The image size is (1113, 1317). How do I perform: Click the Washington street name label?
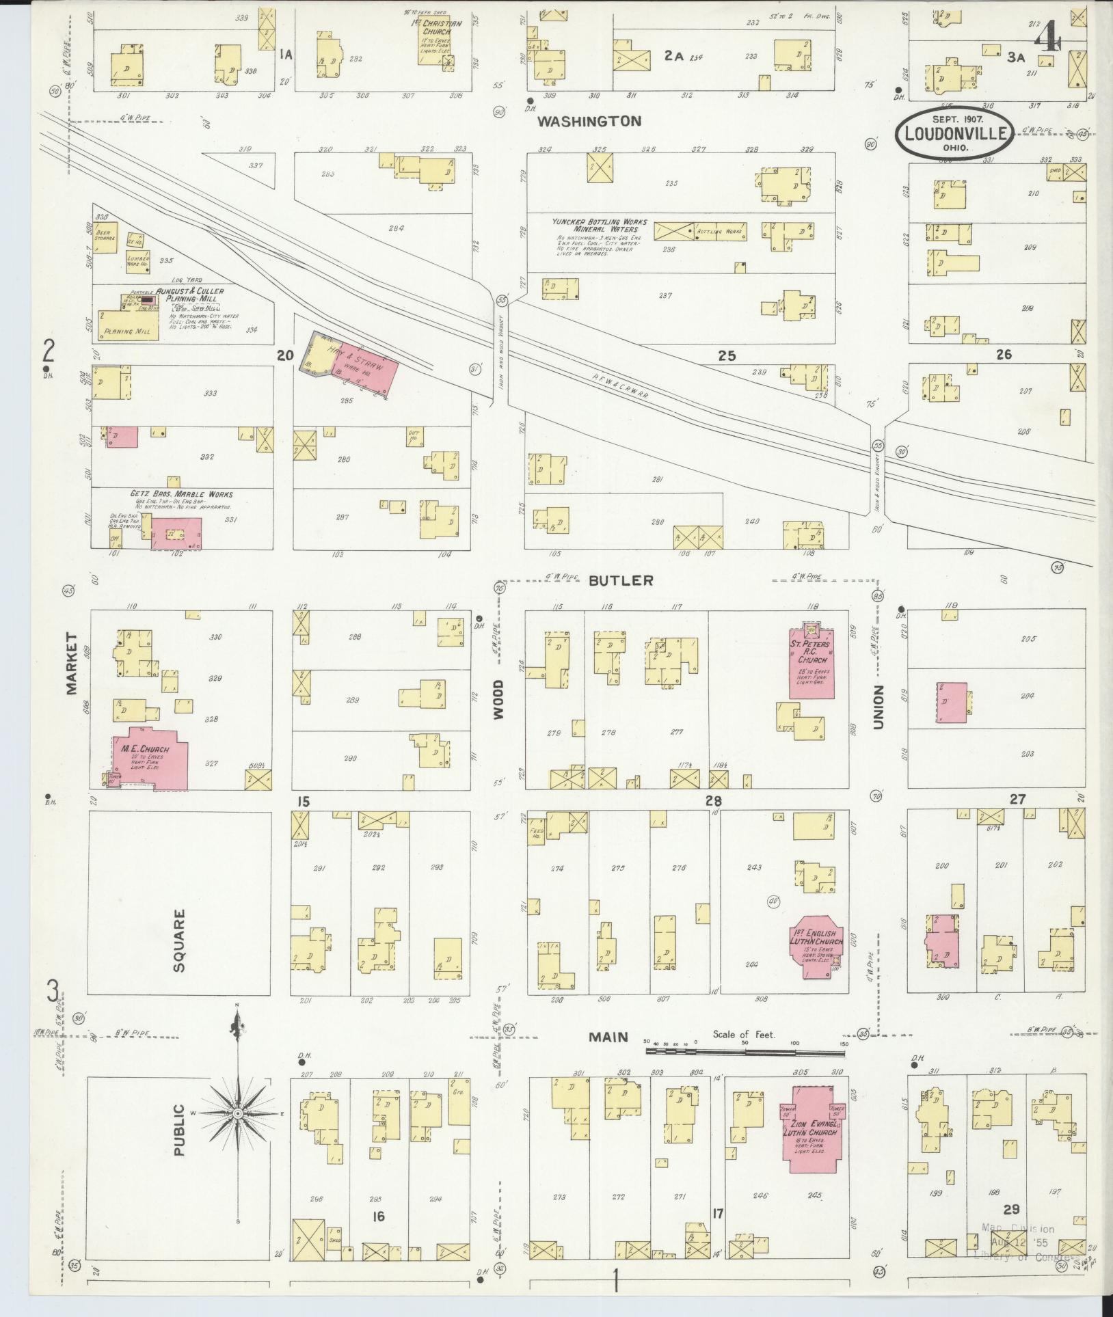(x=589, y=122)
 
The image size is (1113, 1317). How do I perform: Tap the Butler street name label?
(x=621, y=580)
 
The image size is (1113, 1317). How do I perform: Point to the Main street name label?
(x=608, y=1056)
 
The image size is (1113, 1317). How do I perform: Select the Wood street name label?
(x=498, y=699)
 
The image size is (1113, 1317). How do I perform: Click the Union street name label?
(x=878, y=707)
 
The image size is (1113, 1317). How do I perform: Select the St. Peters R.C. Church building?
(x=812, y=662)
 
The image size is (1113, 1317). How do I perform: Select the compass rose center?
(x=237, y=1113)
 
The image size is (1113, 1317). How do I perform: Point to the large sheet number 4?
(x=1046, y=38)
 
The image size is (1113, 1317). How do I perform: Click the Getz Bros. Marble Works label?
(x=181, y=494)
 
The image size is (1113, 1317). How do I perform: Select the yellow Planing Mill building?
(x=129, y=325)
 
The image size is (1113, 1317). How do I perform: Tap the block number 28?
(x=714, y=800)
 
